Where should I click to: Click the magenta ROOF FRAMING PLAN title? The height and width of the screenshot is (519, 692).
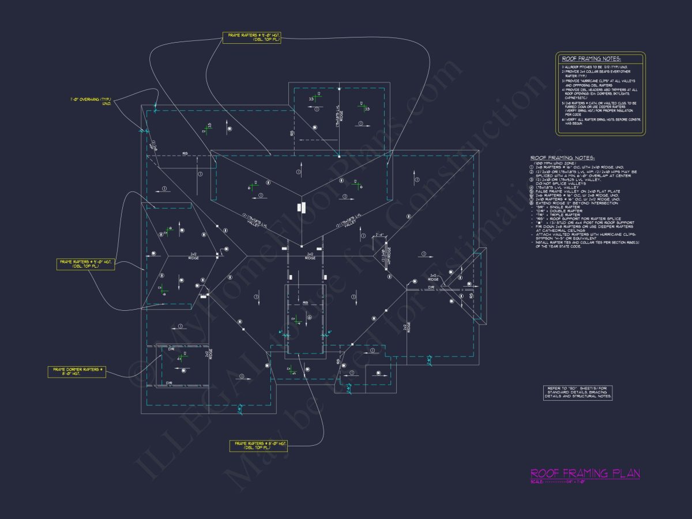pyautogui.click(x=585, y=473)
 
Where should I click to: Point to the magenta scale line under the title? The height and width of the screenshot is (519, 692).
pyautogui.click(x=585, y=482)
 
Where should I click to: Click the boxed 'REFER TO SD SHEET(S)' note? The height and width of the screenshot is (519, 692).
pyautogui.click(x=578, y=393)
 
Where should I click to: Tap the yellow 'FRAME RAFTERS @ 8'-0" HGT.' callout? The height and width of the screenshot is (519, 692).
pyautogui.click(x=258, y=445)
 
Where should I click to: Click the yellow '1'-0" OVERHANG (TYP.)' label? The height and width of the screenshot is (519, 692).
pyautogui.click(x=91, y=101)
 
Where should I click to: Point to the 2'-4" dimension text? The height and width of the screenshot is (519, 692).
pyautogui.click(x=379, y=235)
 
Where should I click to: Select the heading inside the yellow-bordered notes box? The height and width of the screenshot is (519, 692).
pyautogui.click(x=591, y=59)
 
